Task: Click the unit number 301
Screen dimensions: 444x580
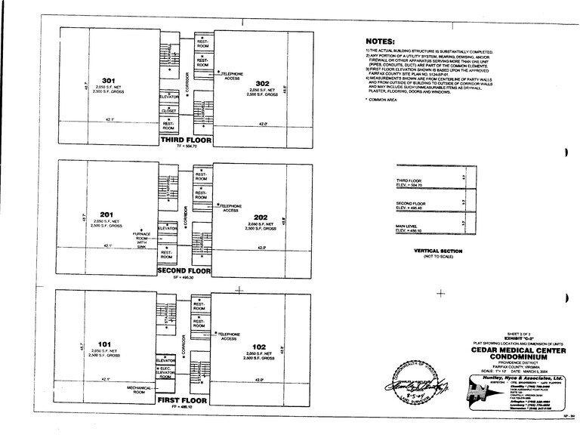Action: [x=108, y=81]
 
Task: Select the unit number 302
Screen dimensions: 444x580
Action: [x=262, y=83]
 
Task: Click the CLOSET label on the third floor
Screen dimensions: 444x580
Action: [x=169, y=111]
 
